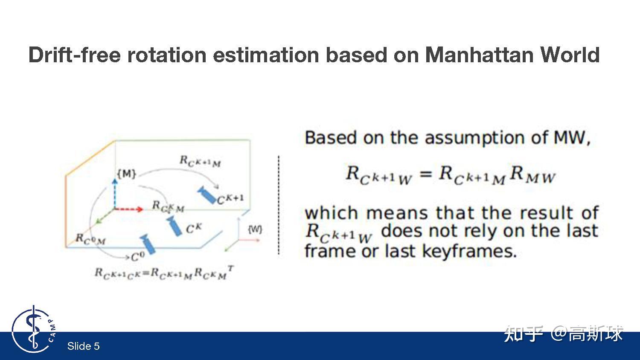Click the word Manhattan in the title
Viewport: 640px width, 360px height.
coord(479,55)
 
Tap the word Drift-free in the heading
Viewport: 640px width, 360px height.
coord(74,55)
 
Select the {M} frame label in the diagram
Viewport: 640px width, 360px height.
coord(127,174)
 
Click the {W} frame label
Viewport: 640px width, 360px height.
coord(255,229)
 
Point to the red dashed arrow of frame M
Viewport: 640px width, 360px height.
coord(128,209)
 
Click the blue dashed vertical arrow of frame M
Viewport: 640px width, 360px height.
coord(115,194)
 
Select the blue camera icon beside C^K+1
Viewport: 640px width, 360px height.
coord(207,195)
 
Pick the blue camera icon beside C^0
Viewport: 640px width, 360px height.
coord(148,244)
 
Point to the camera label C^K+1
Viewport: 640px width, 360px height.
coord(230,199)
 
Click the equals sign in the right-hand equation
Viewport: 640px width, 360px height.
coord(425,174)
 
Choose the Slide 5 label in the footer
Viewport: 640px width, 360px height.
coord(84,346)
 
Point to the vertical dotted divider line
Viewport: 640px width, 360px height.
coord(279,205)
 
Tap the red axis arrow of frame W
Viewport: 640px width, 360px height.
coord(249,240)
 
